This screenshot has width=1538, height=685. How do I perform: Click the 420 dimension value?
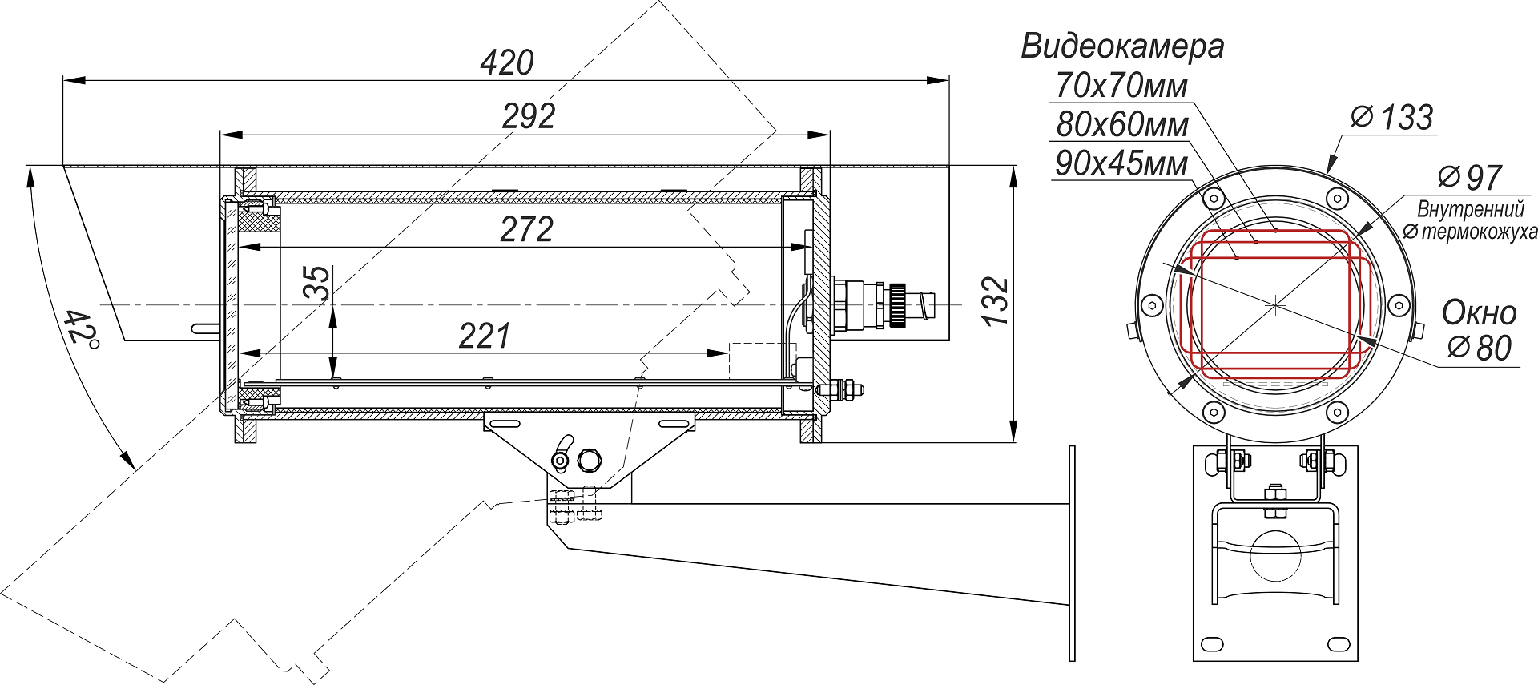click(507, 62)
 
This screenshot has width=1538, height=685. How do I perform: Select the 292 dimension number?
click(529, 117)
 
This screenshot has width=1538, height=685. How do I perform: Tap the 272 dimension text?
click(526, 230)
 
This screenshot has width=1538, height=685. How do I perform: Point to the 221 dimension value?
click(484, 336)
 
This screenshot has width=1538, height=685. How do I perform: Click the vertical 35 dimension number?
click(318, 283)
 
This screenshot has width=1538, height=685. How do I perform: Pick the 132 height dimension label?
click(996, 301)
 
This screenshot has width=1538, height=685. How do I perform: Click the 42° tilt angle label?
click(81, 328)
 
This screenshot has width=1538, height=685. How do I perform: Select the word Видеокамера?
click(1121, 46)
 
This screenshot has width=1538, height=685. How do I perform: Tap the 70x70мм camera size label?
click(1121, 86)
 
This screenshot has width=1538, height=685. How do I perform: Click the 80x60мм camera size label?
click(1121, 125)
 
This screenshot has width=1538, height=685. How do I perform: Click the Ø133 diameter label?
click(1392, 118)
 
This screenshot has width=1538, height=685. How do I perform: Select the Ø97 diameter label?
click(1469, 177)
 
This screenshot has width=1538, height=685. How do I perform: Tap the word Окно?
click(1479, 312)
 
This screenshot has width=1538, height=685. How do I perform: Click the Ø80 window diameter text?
click(1480, 348)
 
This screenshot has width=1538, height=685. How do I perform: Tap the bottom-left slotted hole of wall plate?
click(1212, 644)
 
